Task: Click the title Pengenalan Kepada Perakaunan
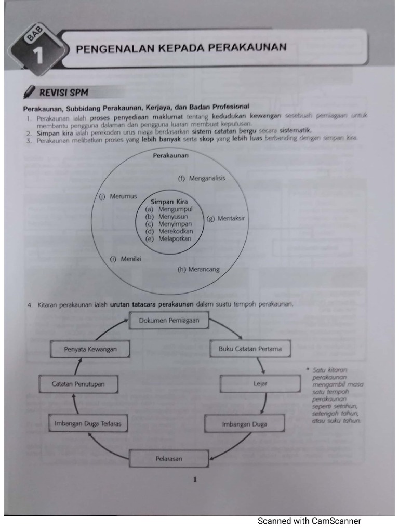click(181, 48)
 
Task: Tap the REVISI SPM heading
click(63, 92)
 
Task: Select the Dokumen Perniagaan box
click(169, 321)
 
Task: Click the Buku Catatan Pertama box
click(246, 349)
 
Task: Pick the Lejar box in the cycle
click(260, 384)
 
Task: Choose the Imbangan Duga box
click(244, 424)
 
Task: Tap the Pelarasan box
click(169, 459)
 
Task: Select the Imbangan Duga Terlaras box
click(87, 424)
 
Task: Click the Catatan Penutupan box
click(78, 384)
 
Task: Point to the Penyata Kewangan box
click(90, 349)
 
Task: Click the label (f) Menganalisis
click(202, 178)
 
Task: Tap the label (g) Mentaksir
click(225, 218)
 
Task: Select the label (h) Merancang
click(198, 269)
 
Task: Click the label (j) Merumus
click(118, 196)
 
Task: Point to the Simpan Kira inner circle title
click(169, 202)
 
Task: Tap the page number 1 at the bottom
click(194, 480)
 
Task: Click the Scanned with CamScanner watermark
click(309, 521)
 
